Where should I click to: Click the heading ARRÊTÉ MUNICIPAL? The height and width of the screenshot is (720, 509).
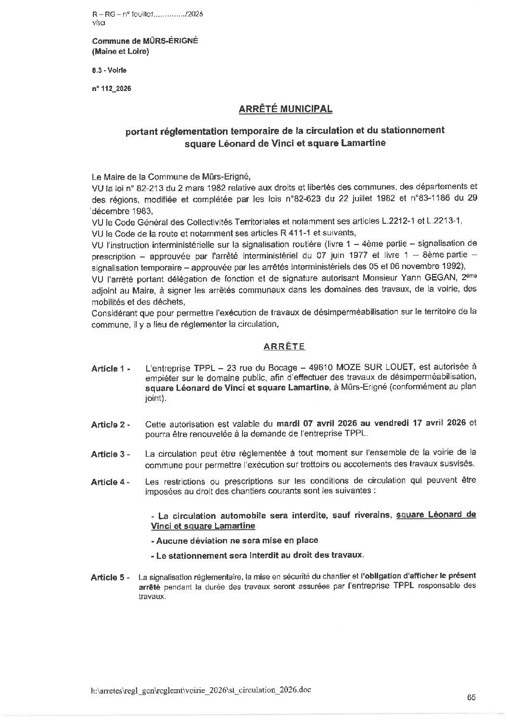tap(285, 109)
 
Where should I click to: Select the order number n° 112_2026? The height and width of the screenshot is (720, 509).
tap(111, 89)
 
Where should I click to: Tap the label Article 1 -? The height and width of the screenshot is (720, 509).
tap(110, 369)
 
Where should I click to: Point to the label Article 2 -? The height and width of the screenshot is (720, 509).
tap(110, 424)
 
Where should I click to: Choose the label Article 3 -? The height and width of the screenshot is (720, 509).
tap(110, 454)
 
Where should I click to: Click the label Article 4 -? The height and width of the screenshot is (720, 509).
tap(110, 482)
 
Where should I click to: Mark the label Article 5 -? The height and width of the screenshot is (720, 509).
tap(110, 577)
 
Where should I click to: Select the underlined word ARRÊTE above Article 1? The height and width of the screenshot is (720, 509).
tap(284, 347)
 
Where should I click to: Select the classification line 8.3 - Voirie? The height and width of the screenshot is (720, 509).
tap(110, 70)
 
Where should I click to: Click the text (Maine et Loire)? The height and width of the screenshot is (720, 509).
tap(120, 51)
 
